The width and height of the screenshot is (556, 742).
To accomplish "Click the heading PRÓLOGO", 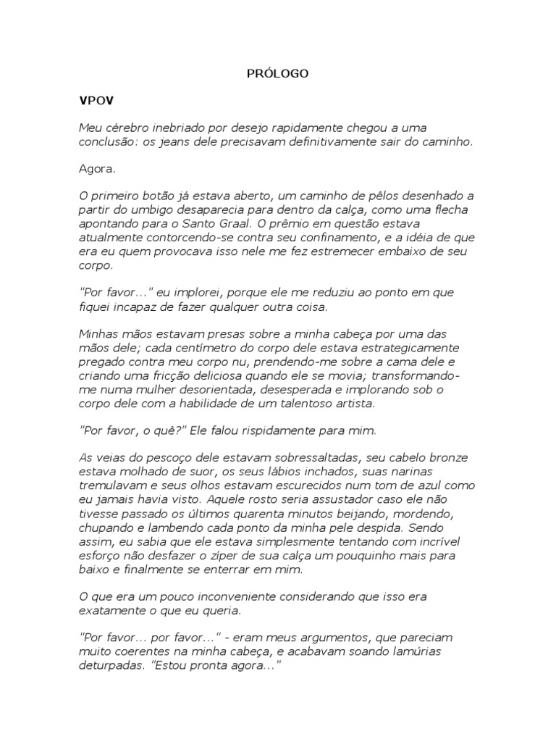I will (278, 73).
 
